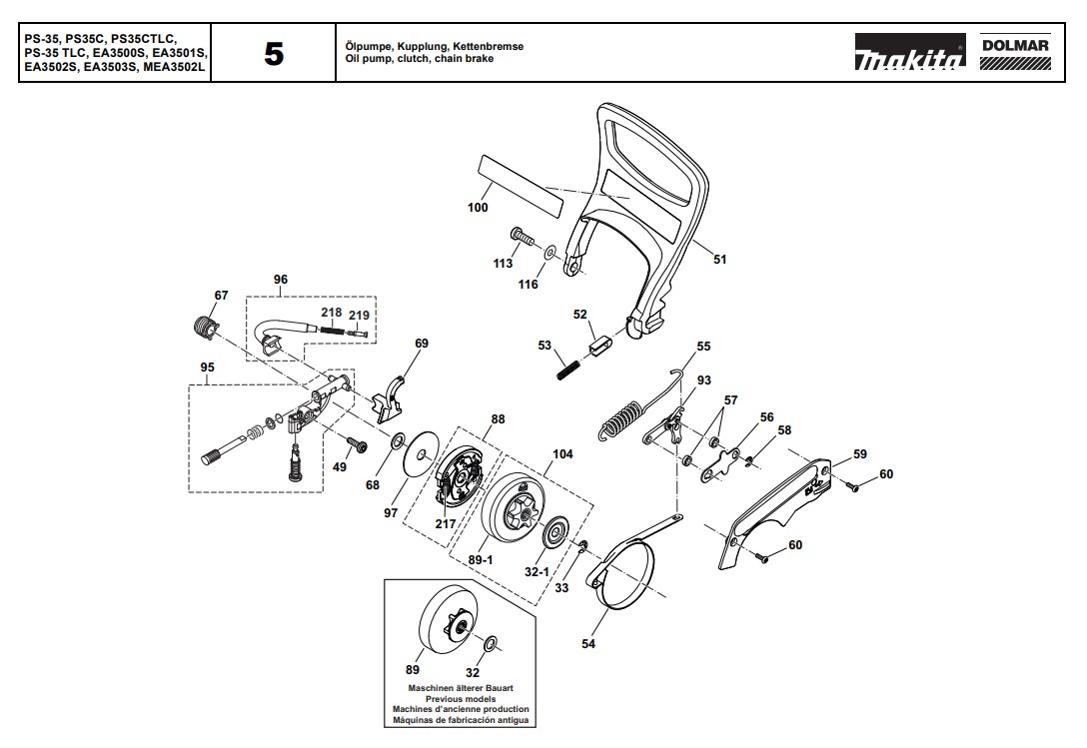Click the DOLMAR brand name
(x=1014, y=45)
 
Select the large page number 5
(x=273, y=54)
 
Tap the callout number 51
(x=719, y=260)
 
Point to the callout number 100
(x=478, y=208)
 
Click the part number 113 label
(x=503, y=264)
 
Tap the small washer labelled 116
(x=550, y=251)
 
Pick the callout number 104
(x=562, y=453)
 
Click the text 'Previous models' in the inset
(x=460, y=700)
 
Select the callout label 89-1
(x=482, y=560)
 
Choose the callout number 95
(x=207, y=367)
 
